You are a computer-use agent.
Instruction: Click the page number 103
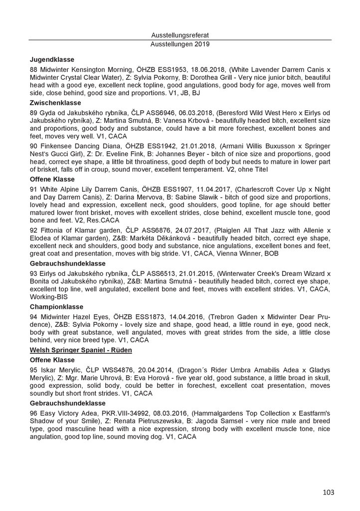click(x=328, y=493)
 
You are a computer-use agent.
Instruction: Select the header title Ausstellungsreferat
click(x=180, y=35)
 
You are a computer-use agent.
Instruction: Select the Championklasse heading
click(x=56, y=306)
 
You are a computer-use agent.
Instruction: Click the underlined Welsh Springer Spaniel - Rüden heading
click(x=81, y=350)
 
